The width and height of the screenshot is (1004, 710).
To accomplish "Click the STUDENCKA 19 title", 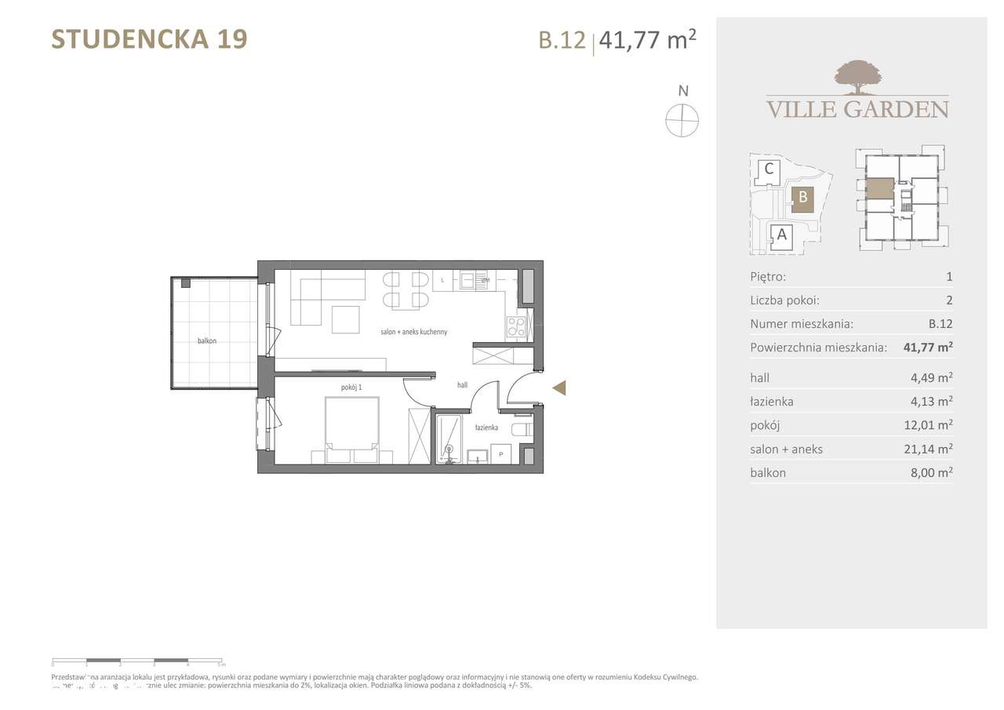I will tap(149, 38).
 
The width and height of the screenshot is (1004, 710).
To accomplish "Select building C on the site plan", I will tap(769, 169).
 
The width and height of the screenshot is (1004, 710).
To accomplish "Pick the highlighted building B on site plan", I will tap(802, 198).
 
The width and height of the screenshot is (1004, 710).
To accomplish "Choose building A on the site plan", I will tap(781, 234).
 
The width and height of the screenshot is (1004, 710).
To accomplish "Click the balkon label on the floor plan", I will tap(207, 341).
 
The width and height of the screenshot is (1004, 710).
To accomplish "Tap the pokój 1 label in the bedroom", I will tap(351, 387).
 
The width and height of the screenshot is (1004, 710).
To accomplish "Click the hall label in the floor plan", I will tap(463, 385).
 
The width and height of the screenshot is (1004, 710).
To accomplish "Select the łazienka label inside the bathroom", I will tap(487, 428).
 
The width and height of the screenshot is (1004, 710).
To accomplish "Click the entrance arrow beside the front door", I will tap(558, 388).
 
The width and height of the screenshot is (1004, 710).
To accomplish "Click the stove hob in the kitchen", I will tap(516, 326).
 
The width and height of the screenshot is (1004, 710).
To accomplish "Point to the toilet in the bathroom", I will tap(522, 429).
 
